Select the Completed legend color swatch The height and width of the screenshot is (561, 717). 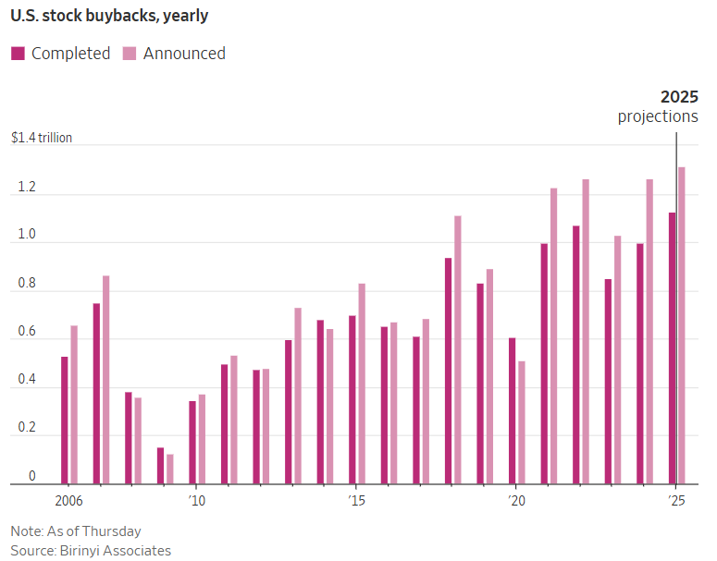pos(18,54)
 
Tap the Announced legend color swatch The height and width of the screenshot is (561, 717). pos(130,54)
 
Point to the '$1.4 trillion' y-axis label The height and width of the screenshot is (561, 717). pos(42,138)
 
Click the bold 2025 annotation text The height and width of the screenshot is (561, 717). pos(679,97)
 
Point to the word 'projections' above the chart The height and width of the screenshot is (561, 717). pos(658,116)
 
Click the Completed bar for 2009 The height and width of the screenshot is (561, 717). pos(160,465)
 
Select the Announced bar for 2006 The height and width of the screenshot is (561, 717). pos(75,404)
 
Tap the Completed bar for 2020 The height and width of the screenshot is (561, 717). pos(513,410)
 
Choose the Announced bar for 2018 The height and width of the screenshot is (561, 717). pos(458,349)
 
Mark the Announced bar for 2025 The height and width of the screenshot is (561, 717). pos(682,324)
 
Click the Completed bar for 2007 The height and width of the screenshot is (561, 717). pos(96,393)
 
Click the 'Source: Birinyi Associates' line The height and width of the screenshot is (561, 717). pos(91,551)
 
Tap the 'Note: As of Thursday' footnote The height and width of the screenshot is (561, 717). pos(76,531)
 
